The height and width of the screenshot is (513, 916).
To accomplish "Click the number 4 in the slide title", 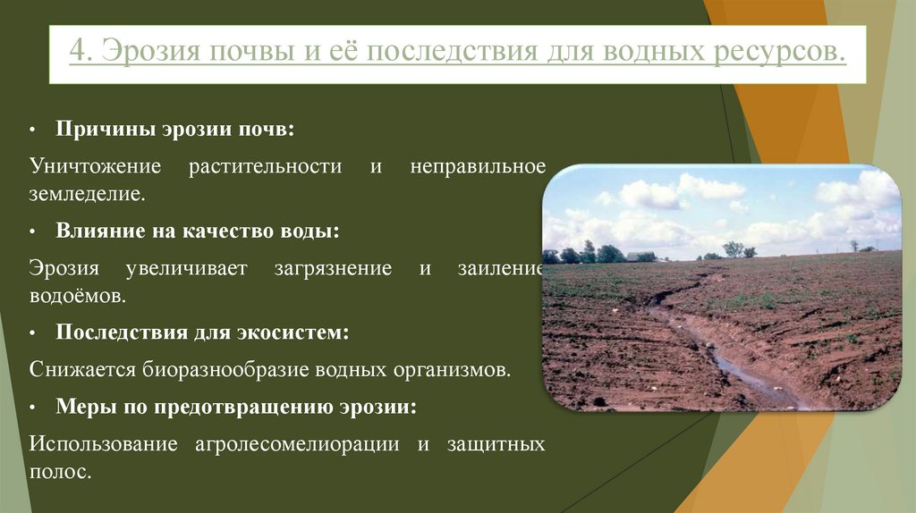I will (78, 51).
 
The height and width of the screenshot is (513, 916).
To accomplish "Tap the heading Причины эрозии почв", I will (175, 130).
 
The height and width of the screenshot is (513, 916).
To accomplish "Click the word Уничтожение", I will (95, 167).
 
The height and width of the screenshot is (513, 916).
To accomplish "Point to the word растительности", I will (265, 167).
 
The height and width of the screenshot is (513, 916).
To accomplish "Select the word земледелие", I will (86, 192).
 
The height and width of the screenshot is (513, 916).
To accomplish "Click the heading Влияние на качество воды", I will (198, 231).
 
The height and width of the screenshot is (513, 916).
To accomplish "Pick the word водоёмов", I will (75, 293).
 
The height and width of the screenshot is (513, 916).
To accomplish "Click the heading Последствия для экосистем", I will (202, 332).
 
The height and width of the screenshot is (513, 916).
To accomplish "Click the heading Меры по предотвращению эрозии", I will (236, 407).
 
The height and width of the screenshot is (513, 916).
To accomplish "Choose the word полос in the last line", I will (60, 470).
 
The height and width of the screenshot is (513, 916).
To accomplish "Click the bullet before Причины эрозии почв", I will (32, 130).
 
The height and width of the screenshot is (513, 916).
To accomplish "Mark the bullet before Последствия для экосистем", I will (32, 332).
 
